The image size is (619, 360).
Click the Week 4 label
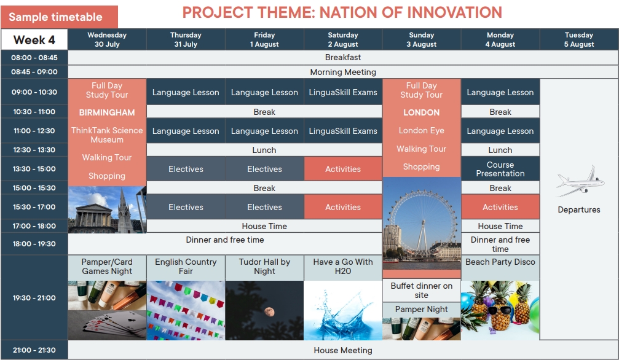click(34, 40)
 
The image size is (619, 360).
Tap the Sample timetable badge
click(59, 17)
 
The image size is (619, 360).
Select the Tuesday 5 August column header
click(578, 39)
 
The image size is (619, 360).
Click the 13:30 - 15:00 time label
click(34, 169)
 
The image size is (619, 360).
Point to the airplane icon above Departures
click(580, 181)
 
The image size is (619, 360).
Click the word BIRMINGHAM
click(107, 112)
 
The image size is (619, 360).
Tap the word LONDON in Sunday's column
click(421, 112)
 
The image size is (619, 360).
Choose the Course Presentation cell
click(500, 169)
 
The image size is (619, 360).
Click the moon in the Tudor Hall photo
click(269, 312)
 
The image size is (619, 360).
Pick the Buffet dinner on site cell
click(421, 291)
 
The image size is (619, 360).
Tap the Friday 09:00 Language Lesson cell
click(264, 92)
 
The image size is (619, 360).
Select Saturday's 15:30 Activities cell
click(343, 207)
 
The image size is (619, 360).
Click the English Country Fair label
click(186, 267)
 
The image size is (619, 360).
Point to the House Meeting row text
click(342, 350)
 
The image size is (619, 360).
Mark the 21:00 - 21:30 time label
click(34, 350)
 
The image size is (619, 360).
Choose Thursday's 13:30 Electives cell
click(186, 169)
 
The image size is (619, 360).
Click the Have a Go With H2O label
click(343, 267)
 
